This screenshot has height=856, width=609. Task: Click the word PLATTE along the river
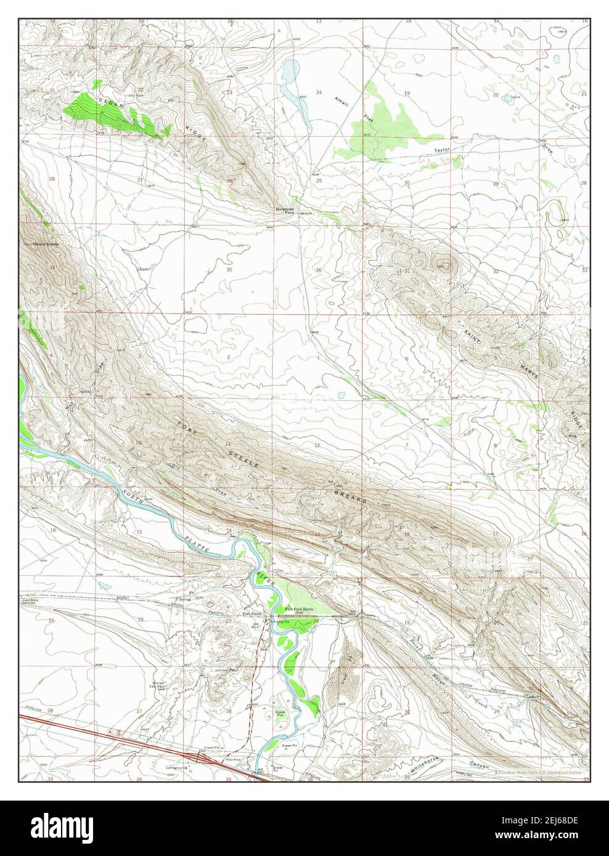coord(197,542)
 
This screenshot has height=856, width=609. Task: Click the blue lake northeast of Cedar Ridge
coord(287,73)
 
